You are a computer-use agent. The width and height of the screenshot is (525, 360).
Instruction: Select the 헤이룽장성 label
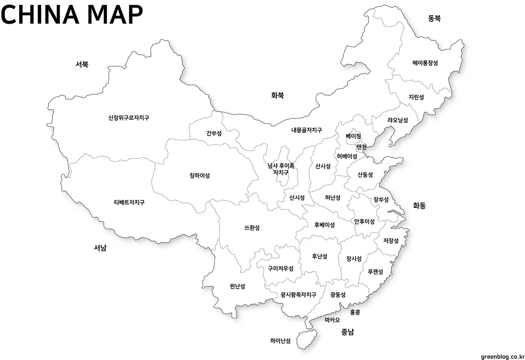point(425,63)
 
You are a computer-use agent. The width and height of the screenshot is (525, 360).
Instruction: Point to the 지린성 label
point(416,97)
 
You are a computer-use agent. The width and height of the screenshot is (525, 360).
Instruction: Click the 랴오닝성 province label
point(397,120)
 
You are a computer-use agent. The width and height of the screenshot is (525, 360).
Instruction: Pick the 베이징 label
point(353,136)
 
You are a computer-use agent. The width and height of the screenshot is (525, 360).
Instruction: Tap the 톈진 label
point(361,147)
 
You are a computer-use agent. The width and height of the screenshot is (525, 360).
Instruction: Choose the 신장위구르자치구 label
point(129,118)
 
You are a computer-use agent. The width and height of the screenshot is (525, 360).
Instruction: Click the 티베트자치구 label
point(129,203)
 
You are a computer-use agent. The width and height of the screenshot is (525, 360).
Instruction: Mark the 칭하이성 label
point(199,176)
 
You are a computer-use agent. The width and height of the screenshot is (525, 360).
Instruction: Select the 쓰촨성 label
point(252,227)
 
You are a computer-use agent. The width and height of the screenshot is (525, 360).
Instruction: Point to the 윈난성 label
point(237,287)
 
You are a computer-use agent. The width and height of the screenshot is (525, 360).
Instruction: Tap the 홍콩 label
point(355,312)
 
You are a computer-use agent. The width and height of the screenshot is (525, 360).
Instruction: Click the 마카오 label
point(332,320)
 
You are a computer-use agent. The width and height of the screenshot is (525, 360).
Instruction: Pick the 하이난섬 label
point(280,341)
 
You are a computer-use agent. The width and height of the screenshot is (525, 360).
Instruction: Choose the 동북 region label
point(434,18)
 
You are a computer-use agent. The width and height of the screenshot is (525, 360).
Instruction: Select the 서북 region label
point(82,64)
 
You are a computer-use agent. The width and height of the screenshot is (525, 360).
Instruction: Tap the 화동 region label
point(419,205)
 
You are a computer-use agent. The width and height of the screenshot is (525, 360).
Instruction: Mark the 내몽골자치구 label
point(307,130)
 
